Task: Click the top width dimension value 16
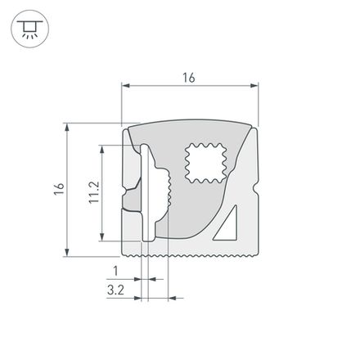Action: coord(189,78)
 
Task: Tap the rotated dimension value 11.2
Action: coord(93,193)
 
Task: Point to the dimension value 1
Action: coord(115,270)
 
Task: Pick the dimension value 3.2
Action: coord(115,289)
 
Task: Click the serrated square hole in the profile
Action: coord(205,162)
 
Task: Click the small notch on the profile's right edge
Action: coord(256,195)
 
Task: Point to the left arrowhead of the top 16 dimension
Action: coord(125,85)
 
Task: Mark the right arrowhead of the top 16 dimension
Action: coord(254,85)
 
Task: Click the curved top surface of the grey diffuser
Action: coord(189,128)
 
